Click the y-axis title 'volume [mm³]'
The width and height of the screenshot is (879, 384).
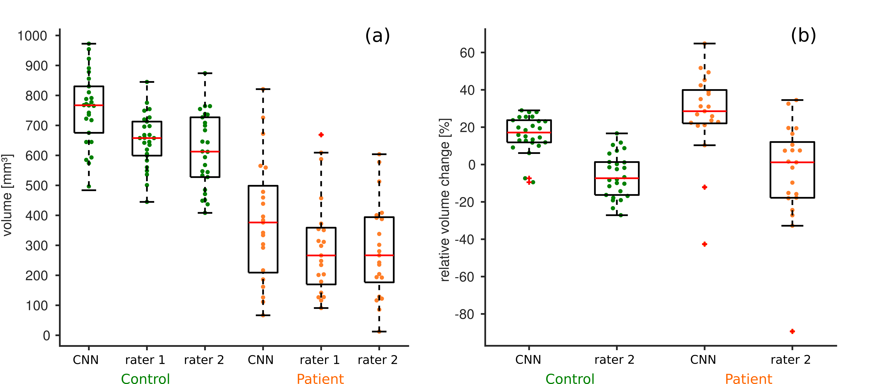point(8,195)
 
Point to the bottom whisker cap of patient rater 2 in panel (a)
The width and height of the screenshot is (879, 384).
point(379,331)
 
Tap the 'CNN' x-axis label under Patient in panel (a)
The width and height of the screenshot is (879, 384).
point(261,360)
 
